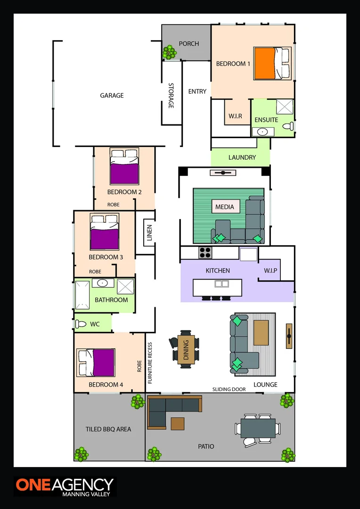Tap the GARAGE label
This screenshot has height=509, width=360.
112,95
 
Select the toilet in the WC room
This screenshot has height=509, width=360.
81,324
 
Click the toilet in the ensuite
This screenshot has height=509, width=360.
288,126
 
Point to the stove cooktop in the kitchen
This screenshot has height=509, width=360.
205,252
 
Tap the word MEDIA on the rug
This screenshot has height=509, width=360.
225,207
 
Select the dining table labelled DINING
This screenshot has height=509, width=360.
186,351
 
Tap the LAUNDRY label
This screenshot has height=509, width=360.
242,157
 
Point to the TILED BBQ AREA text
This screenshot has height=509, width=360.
108,429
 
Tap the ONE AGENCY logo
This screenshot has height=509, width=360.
65,486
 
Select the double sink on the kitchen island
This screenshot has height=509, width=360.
221,284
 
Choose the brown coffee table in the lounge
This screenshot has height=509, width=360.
262,332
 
